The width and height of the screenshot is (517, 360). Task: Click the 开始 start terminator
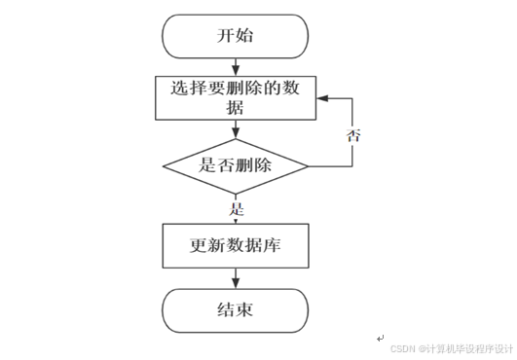pyautogui.click(x=235, y=37)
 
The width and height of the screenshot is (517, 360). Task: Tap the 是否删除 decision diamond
pyautogui.click(x=235, y=165)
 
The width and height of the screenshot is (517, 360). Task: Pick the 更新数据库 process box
pyautogui.click(x=235, y=245)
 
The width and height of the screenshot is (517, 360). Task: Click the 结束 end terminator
pyautogui.click(x=235, y=310)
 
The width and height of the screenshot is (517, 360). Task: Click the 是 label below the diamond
pyautogui.click(x=236, y=209)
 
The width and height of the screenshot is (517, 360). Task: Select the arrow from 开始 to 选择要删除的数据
pyautogui.click(x=235, y=67)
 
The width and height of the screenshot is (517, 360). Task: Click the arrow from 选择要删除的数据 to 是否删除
pyautogui.click(x=235, y=130)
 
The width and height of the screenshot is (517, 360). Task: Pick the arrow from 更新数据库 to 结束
pyautogui.click(x=235, y=278)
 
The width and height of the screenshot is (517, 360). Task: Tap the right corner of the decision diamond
pyautogui.click(x=309, y=165)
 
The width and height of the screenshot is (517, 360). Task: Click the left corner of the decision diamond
pyautogui.click(x=162, y=165)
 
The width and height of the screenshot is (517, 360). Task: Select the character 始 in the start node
pyautogui.click(x=247, y=37)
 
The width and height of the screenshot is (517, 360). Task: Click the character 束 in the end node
pyautogui.click(x=247, y=310)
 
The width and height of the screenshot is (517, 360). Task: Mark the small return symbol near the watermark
pyautogui.click(x=380, y=338)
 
